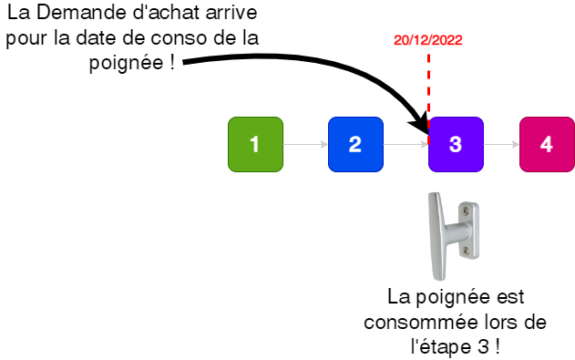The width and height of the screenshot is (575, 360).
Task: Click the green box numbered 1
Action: [255, 144]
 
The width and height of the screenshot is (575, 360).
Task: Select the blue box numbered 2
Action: [355, 144]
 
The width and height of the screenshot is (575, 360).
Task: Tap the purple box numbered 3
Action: [456, 144]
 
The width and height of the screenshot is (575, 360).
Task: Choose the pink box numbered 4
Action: [547, 144]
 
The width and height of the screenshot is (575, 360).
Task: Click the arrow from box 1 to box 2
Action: [304, 144]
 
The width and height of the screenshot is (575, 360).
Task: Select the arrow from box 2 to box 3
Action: [405, 144]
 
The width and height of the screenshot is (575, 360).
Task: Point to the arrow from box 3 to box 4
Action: [500, 144]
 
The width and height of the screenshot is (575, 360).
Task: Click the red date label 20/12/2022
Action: [427, 40]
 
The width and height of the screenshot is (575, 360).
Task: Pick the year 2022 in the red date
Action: [448, 40]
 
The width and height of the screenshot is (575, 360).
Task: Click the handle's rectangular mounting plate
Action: [469, 230]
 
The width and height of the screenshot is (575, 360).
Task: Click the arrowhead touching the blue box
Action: [324, 144]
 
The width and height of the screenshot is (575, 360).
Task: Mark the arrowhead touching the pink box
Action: [516, 144]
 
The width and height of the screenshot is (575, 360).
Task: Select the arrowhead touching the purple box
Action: [425, 144]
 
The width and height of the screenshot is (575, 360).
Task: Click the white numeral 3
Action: [456, 144]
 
